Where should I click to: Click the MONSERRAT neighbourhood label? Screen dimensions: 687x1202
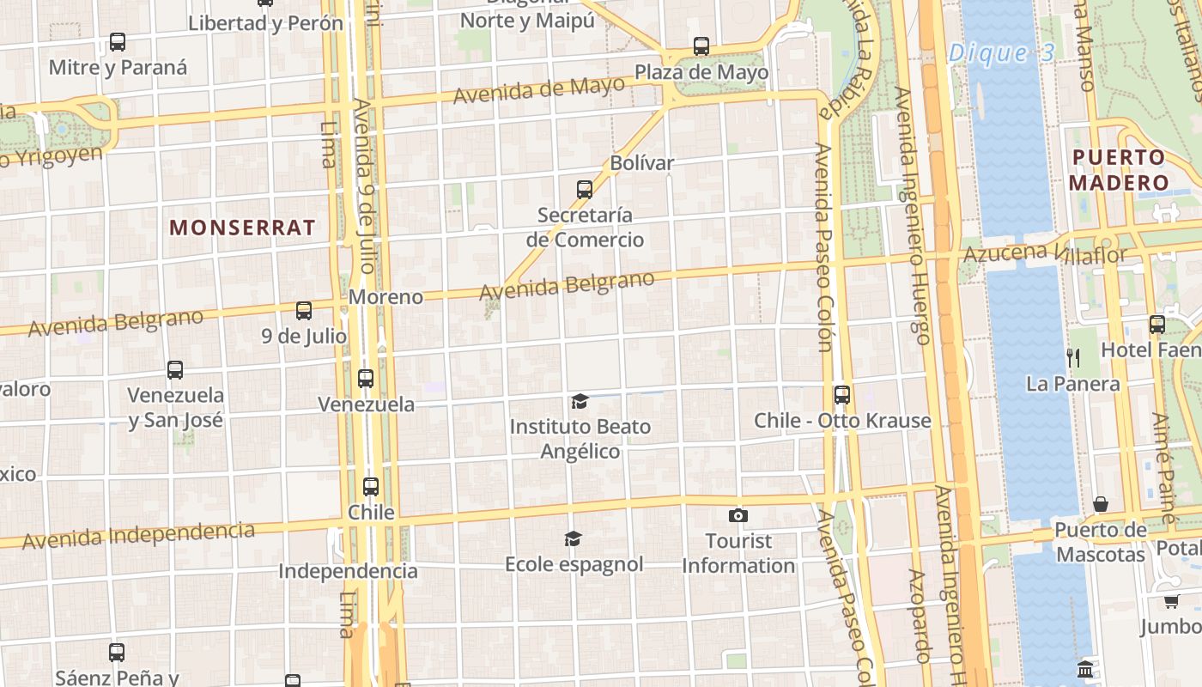pos(243,228)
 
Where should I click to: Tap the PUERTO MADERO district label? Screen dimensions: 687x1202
pos(1119,170)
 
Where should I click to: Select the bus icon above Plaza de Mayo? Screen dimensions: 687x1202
pos(701,46)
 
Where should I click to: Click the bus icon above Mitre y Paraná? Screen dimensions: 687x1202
pos(118,41)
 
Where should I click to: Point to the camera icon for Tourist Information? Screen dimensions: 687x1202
pos(738,515)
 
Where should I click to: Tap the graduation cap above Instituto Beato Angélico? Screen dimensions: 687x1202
pos(580,401)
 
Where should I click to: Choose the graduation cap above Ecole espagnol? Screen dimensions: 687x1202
pos(573,538)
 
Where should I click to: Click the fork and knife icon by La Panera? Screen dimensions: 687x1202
pos(1072,356)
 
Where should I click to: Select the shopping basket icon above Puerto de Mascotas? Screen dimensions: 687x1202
pos(1101,503)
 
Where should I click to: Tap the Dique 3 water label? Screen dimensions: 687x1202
pos(1001,53)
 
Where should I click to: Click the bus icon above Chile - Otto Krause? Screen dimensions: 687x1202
pos(842,394)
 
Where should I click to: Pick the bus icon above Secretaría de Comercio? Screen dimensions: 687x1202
pos(585,189)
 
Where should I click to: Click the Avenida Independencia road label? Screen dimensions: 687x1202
pos(139,536)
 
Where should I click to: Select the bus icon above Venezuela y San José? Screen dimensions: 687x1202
pos(175,370)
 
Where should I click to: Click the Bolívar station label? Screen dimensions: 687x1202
pos(641,162)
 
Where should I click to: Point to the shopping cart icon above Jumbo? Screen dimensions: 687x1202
pos(1171,601)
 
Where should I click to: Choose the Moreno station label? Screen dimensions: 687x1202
pos(385,297)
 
